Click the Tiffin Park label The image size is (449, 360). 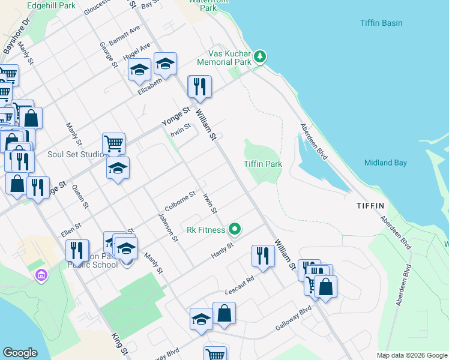click(x=263, y=164)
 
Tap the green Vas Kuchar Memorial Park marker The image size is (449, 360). click(x=260, y=56)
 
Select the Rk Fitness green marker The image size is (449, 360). click(x=235, y=229)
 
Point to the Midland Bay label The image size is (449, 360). click(x=385, y=163)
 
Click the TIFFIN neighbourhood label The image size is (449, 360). click(x=370, y=206)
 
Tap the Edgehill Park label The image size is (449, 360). click(x=52, y=5)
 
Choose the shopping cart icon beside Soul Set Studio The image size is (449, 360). click(x=113, y=143)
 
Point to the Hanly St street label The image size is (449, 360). click(x=221, y=251)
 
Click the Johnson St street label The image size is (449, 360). click(x=168, y=227)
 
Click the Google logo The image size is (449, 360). click(x=20, y=353)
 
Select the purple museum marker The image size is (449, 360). click(x=41, y=276)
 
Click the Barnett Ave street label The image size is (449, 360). click(x=124, y=35)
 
